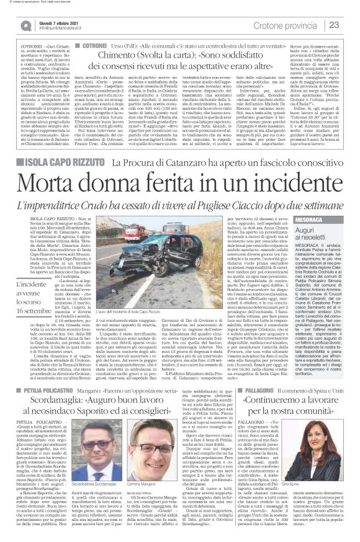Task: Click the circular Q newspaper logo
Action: click(25, 25)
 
